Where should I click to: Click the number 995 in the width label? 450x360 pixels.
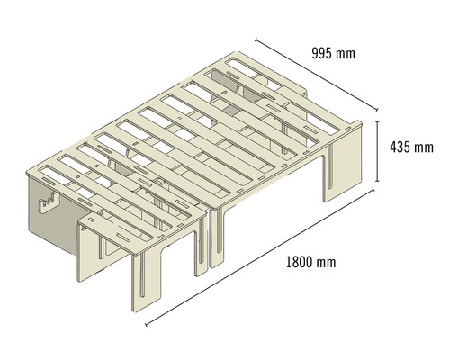tap(321, 53)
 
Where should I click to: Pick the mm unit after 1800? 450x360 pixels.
tap(326, 263)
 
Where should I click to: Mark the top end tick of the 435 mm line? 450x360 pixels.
tap(377, 123)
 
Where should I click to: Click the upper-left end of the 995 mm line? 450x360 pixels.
tap(256, 39)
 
